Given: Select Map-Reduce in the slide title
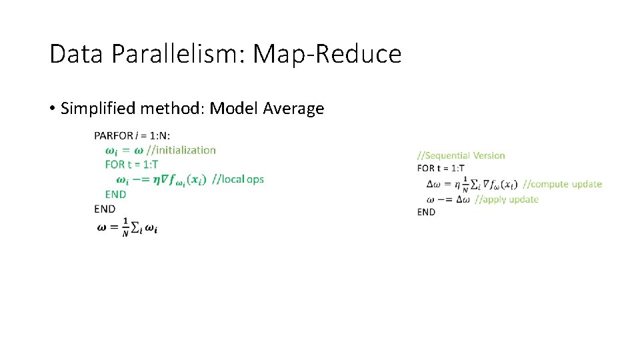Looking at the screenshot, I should (327, 54).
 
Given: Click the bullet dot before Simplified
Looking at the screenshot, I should (52, 109).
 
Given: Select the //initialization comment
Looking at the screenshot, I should (181, 150).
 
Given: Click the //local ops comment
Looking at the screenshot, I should (238, 179).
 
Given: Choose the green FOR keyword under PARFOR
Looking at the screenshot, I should (115, 164).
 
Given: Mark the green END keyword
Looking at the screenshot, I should (115, 194).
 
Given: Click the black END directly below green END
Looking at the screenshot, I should (105, 209).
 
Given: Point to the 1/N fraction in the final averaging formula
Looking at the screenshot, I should (125, 228).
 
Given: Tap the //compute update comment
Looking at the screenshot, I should (563, 184).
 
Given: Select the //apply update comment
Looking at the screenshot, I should (507, 199).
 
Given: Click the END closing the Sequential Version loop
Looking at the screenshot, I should (426, 212).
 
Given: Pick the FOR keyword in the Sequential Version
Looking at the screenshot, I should (426, 168).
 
